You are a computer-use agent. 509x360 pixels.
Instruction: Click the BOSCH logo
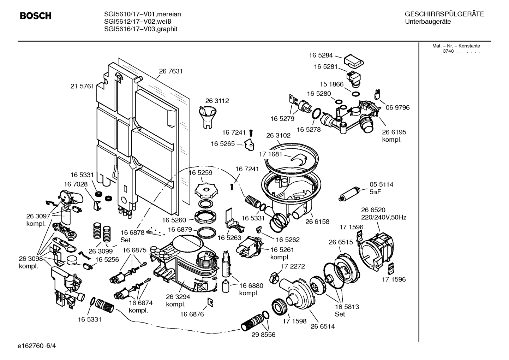click(x=36, y=16)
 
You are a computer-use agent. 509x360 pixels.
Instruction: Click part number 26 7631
click(x=171, y=71)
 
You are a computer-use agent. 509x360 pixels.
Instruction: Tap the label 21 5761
click(x=82, y=86)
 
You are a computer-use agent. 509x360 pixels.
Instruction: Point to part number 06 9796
click(x=397, y=107)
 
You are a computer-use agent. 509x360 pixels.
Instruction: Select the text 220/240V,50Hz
click(x=383, y=217)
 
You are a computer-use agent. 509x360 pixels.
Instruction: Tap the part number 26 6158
click(x=317, y=222)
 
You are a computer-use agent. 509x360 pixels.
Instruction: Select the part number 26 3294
click(x=178, y=297)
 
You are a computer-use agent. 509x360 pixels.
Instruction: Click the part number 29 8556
click(x=263, y=334)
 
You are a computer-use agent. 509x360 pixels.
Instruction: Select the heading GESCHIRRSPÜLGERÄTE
click(x=444, y=14)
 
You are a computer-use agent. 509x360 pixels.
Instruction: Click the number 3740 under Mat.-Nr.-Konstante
click(x=448, y=51)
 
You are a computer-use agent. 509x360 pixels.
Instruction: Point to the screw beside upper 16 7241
click(x=251, y=133)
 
